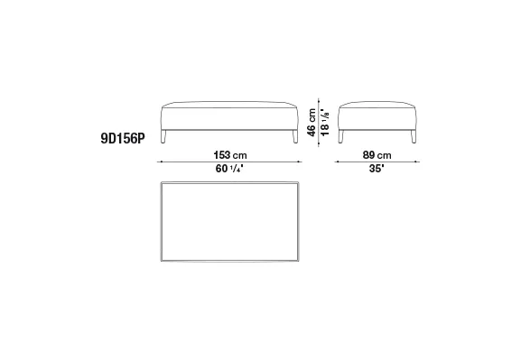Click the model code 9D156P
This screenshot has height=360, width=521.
pyautogui.click(x=123, y=138)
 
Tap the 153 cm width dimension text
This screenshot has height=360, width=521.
pyautogui.click(x=230, y=155)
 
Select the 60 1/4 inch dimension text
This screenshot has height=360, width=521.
pyautogui.click(x=229, y=169)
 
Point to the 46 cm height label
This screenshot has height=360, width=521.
pyautogui.click(x=312, y=122)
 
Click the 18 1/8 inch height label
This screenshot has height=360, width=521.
pyautogui.click(x=325, y=122)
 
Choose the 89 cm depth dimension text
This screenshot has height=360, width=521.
pyautogui.click(x=377, y=155)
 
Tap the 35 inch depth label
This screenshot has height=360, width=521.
pyautogui.click(x=377, y=169)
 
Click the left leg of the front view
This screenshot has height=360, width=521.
pyautogui.click(x=163, y=136)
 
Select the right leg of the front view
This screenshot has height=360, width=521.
pyautogui.click(x=295, y=136)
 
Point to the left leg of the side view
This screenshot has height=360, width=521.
pyautogui.click(x=340, y=136)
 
